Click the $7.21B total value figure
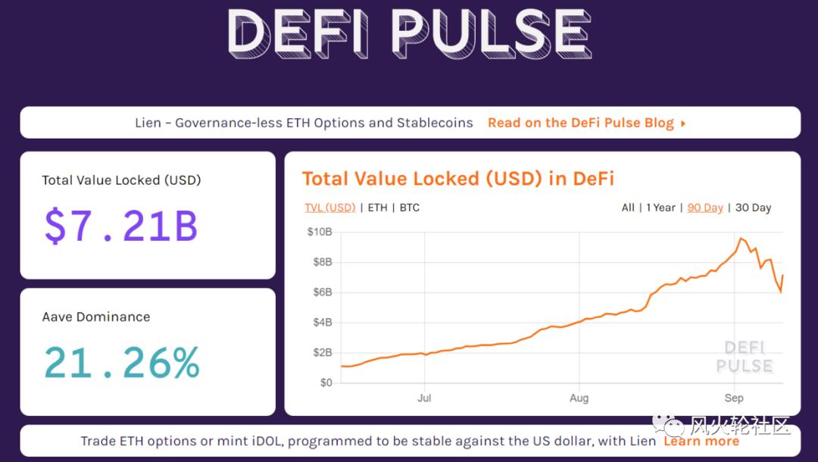[x=121, y=226]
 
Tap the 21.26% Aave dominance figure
[x=121, y=363]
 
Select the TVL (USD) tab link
[x=329, y=208]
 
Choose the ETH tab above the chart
[x=377, y=208]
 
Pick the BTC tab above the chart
[x=409, y=208]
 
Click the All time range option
[x=628, y=208]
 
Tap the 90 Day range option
[x=705, y=208]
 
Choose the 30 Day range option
[x=753, y=208]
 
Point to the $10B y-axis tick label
[x=319, y=232]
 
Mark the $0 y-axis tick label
[x=325, y=382]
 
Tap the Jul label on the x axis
[x=424, y=398]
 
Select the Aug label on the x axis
[x=579, y=398]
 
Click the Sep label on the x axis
[x=733, y=398]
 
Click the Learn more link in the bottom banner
[x=701, y=441]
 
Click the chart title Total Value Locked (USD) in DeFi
[x=457, y=179]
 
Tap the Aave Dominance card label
[x=96, y=317]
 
